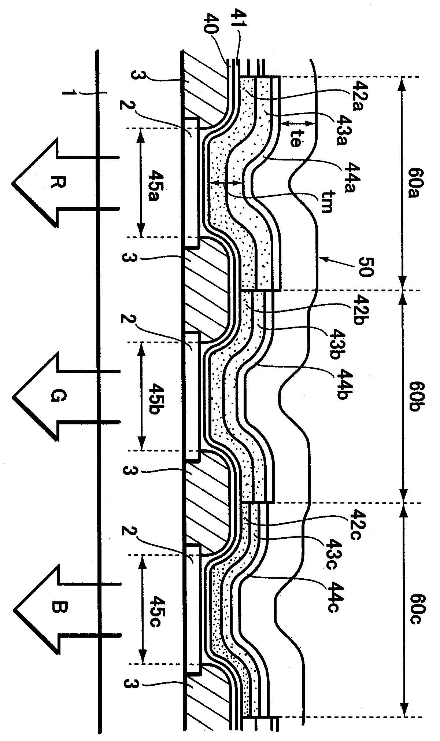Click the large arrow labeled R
[66, 183]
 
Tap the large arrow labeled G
[66, 397]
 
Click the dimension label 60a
[415, 183]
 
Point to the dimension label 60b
[415, 397]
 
